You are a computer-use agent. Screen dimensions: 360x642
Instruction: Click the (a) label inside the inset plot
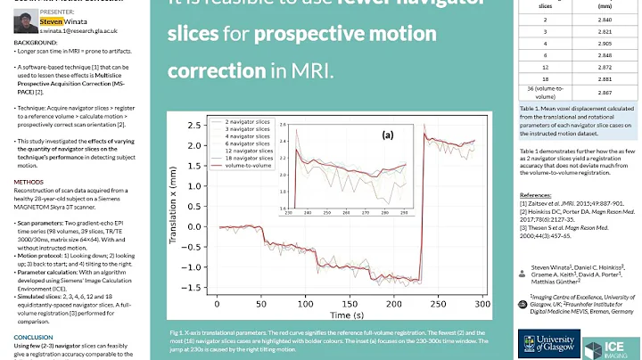click(x=387, y=136)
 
